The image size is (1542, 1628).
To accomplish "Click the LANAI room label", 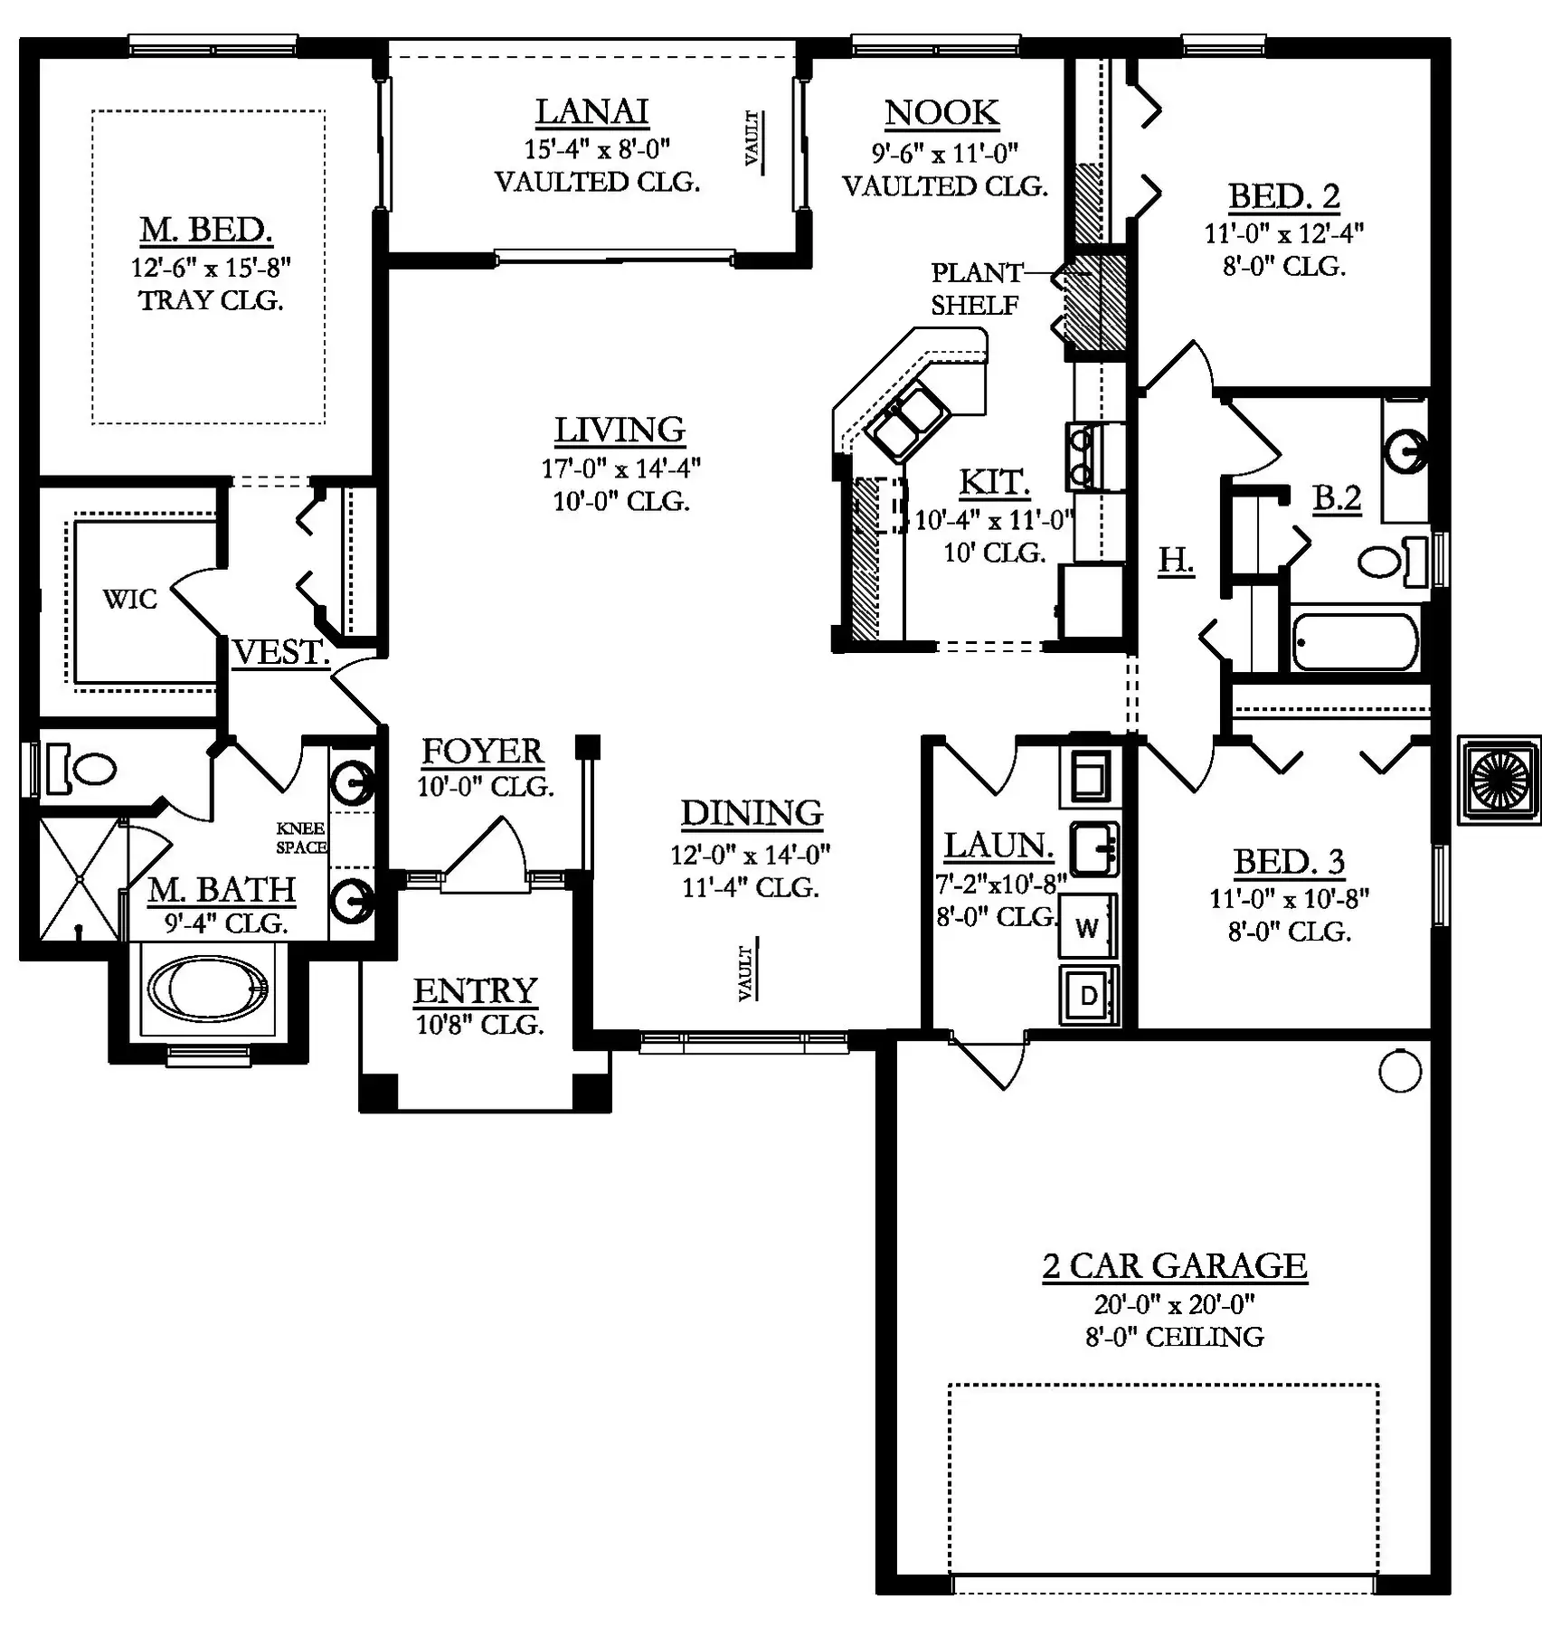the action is pyautogui.click(x=592, y=111).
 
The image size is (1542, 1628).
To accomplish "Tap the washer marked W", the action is pyautogui.click(x=1089, y=926).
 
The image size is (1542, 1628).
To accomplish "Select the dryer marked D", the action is pyautogui.click(x=1089, y=995).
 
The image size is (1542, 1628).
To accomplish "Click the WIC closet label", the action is pyautogui.click(x=130, y=599).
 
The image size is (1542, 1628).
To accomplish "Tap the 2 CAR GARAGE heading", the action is pyautogui.click(x=1175, y=1265).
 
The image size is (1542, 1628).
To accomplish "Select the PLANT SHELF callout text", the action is pyautogui.click(x=976, y=289).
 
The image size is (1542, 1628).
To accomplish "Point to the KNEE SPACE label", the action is pyautogui.click(x=301, y=838).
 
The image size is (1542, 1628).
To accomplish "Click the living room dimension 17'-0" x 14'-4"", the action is pyautogui.click(x=621, y=469).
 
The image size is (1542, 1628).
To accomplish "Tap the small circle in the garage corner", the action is pyautogui.click(x=1400, y=1072).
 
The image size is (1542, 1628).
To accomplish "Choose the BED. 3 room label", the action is pyautogui.click(x=1289, y=861).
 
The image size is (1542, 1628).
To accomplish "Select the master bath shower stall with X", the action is pyautogui.click(x=80, y=878).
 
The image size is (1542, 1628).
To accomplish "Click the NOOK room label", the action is pyautogui.click(x=941, y=113).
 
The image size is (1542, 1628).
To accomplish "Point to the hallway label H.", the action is pyautogui.click(x=1176, y=561).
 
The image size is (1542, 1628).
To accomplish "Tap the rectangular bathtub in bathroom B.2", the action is pyautogui.click(x=1355, y=641).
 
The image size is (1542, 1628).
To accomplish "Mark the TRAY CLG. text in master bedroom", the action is pyautogui.click(x=211, y=300).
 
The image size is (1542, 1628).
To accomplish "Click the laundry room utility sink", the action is pyautogui.click(x=1094, y=848).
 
